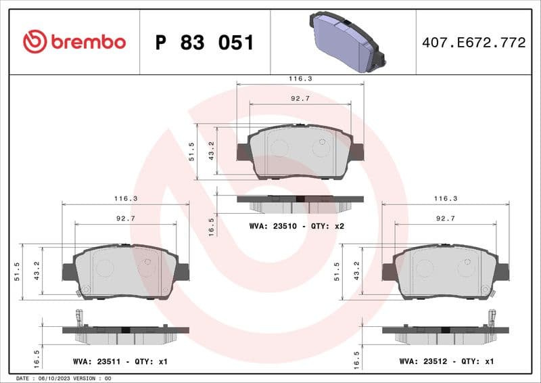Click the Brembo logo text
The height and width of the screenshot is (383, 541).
pos(87,42)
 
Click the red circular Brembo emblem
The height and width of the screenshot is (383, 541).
pos(34,42)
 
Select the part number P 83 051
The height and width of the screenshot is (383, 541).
pos(204,43)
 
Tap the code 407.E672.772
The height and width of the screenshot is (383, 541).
pos(473,43)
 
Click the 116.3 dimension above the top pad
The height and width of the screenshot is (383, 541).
pos(300,79)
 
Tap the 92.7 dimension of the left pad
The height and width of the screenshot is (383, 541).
pos(125,219)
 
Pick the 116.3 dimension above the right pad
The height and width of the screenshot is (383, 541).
pos(446,199)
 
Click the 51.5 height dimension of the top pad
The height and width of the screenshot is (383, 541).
pos(192,152)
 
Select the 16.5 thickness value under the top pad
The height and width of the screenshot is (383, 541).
pos(211,226)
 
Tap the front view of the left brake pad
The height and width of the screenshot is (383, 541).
pos(126,271)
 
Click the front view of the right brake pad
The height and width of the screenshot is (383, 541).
pos(446,271)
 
